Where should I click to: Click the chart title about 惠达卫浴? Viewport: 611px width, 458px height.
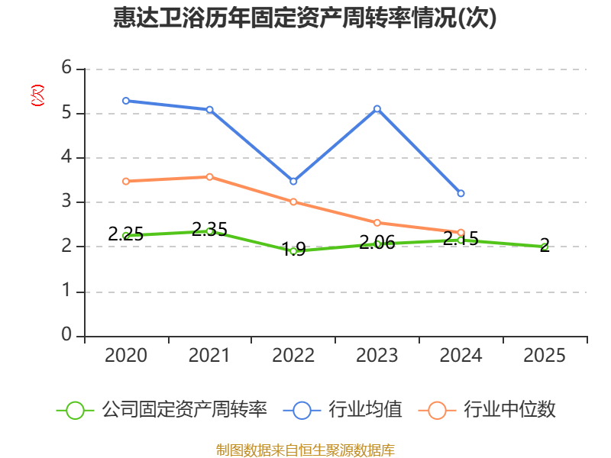pyautogui.click(x=305, y=18)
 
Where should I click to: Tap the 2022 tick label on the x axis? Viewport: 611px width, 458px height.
pyautogui.click(x=293, y=355)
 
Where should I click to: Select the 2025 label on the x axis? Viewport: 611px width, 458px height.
pyautogui.click(x=545, y=355)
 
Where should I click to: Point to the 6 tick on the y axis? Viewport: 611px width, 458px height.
pyautogui.click(x=66, y=69)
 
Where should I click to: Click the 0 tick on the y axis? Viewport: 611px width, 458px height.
pyautogui.click(x=66, y=336)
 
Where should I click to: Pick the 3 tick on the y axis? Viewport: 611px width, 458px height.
pyautogui.click(x=66, y=202)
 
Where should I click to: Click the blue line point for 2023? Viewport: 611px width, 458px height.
pyautogui.click(x=377, y=109)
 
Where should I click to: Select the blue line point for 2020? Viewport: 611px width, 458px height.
pyautogui.click(x=126, y=101)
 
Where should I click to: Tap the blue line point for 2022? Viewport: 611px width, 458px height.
pyautogui.click(x=293, y=182)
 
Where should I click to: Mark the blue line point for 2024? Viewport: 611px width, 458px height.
pyautogui.click(x=461, y=194)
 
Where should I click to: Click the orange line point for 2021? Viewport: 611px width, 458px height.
pyautogui.click(x=209, y=177)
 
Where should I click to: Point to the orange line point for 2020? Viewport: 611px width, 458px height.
pyautogui.click(x=126, y=182)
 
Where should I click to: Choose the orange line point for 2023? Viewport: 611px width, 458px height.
pyautogui.click(x=377, y=223)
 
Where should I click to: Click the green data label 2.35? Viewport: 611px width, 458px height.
pyautogui.click(x=209, y=229)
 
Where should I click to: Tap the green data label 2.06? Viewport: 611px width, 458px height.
pyautogui.click(x=377, y=243)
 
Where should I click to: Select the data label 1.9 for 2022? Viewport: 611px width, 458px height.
pyautogui.click(x=293, y=249)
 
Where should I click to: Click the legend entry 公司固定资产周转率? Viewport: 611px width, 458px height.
pyautogui.click(x=183, y=410)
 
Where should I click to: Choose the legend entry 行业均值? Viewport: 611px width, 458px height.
pyautogui.click(x=364, y=410)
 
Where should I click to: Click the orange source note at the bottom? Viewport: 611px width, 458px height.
pyautogui.click(x=305, y=450)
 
